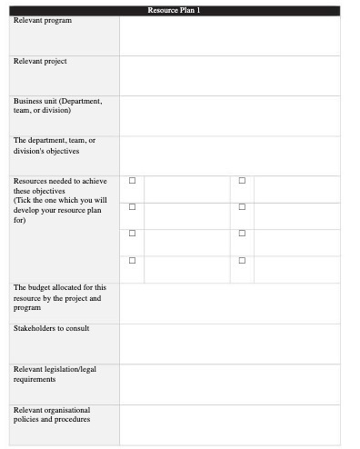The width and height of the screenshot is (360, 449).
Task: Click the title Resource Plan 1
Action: tap(174, 10)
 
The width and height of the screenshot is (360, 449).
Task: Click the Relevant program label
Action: tap(42, 20)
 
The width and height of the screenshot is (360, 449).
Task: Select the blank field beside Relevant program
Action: tap(229, 35)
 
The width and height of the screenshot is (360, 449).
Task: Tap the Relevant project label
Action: tap(40, 61)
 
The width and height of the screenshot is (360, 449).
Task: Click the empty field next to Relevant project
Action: tap(229, 75)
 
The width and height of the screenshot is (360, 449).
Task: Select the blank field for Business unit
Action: tap(229, 115)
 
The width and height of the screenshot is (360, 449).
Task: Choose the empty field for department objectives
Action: tap(229, 155)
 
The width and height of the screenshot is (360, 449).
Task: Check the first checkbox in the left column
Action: tap(132, 181)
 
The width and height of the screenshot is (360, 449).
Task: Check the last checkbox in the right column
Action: tap(242, 260)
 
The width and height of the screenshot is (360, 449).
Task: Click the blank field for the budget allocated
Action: tap(229, 303)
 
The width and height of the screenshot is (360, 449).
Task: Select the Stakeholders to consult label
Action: tap(51, 328)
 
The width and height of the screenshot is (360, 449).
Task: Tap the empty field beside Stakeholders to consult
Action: tap(229, 344)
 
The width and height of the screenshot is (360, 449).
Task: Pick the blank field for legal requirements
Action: tap(229, 384)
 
